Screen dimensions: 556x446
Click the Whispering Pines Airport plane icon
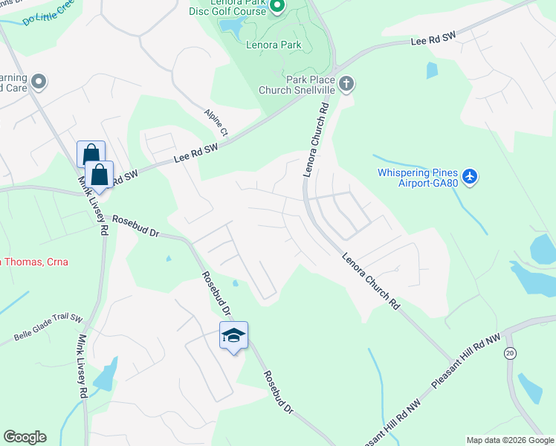469,176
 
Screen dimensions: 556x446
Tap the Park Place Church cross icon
346,84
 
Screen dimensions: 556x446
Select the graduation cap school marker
233,336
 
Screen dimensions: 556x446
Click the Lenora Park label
274,45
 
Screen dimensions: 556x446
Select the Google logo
25,437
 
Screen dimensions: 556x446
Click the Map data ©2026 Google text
509,440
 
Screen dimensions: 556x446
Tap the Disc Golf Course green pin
277,7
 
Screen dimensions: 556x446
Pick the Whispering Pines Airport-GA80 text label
417,178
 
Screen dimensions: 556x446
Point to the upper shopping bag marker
91,154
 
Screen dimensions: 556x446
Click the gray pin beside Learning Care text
39,82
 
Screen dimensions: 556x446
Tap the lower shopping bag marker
99,175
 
